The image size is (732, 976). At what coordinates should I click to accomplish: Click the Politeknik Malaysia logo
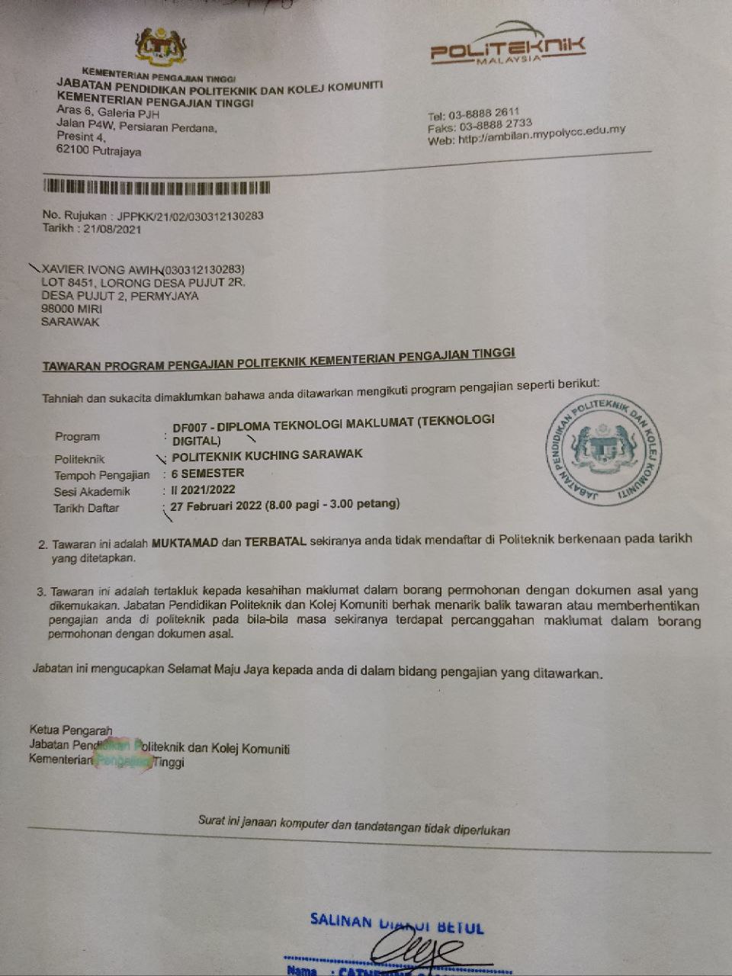pyautogui.click(x=507, y=49)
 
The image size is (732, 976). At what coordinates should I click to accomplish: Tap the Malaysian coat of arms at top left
pyautogui.click(x=160, y=47)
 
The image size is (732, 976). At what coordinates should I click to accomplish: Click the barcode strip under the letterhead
pyautogui.click(x=156, y=188)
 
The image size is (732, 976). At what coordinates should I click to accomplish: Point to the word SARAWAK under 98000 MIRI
pyautogui.click(x=70, y=322)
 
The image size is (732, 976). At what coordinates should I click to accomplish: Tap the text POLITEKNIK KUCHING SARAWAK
pyautogui.click(x=267, y=454)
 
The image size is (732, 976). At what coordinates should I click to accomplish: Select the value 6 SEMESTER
pyautogui.click(x=207, y=473)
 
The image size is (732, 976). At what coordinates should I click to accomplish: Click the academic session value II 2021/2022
pyautogui.click(x=204, y=490)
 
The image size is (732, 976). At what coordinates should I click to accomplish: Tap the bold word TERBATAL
pyautogui.click(x=274, y=541)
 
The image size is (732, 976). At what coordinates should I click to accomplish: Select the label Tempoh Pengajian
pyautogui.click(x=101, y=475)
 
